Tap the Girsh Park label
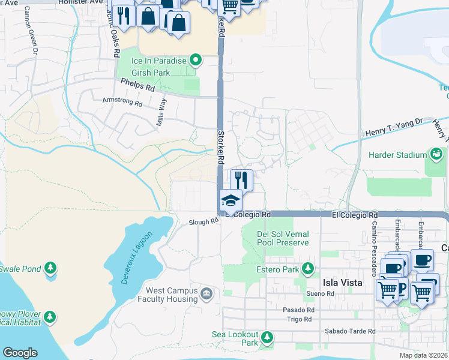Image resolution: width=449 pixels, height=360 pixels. [x=151, y=73]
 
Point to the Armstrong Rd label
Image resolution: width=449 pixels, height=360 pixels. [x=122, y=103]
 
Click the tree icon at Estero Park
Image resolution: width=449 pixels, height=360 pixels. [x=308, y=268]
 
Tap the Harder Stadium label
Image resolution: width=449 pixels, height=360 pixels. [x=397, y=155]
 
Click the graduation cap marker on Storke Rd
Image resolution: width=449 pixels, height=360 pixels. [x=231, y=200]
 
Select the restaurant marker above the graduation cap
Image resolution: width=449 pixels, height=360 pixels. [x=241, y=179]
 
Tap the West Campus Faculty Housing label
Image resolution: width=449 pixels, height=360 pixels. [x=167, y=295]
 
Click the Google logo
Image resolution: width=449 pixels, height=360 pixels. [x=20, y=353]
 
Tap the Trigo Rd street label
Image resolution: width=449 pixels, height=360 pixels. [x=299, y=319]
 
